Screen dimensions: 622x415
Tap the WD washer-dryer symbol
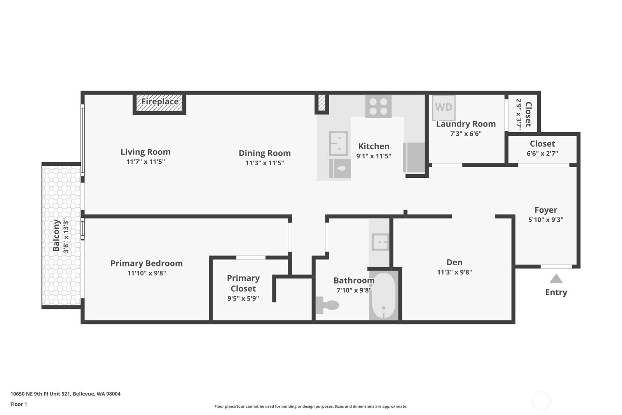444,107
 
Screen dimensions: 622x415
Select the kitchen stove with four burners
378,107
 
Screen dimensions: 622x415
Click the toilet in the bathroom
327,305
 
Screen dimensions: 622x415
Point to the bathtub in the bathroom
384,296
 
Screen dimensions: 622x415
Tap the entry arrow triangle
556,278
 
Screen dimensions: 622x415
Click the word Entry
556,292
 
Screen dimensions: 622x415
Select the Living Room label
145,152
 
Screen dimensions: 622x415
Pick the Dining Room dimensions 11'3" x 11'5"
265,163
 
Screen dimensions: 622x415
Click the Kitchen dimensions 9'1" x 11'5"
374,156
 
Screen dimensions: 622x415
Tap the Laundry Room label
466,124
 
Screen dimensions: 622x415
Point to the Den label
454,262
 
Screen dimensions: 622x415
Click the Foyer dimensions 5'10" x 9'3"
546,220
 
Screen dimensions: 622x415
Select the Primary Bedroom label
147,263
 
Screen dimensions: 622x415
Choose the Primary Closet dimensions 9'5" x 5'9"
243,298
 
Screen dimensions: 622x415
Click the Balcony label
56,235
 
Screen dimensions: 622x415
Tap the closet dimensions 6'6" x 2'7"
542,153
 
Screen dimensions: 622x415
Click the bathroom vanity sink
380,242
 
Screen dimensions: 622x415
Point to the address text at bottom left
66,394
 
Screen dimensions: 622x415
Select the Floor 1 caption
19,404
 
